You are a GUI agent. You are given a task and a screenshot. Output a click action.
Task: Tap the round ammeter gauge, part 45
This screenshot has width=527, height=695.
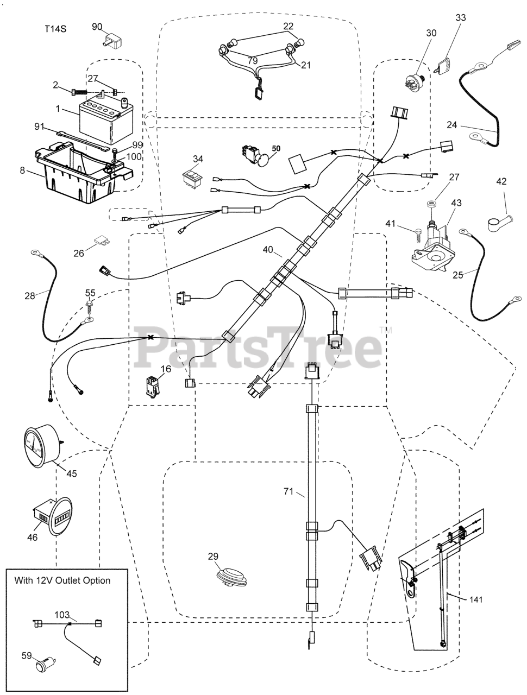(x=40, y=446)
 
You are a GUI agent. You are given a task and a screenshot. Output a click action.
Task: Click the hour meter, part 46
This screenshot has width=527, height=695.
(x=54, y=517)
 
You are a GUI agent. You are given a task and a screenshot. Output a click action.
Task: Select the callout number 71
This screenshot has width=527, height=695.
(x=290, y=492)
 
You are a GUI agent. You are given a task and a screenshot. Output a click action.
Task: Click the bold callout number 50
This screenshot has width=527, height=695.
(x=277, y=148)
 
